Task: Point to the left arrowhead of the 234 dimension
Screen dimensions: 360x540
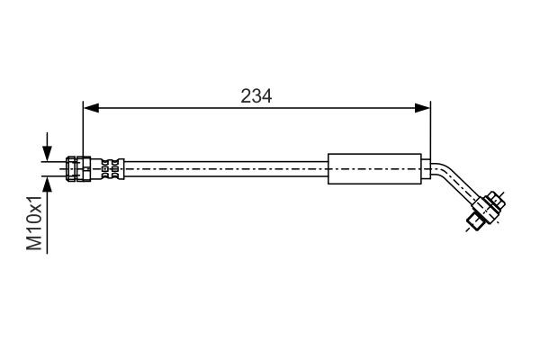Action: click(88, 108)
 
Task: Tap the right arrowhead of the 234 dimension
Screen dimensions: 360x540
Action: click(424, 108)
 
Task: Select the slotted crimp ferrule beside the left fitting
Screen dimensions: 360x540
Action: click(110, 168)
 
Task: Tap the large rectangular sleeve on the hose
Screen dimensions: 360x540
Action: click(373, 168)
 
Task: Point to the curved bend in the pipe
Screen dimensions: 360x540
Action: click(444, 172)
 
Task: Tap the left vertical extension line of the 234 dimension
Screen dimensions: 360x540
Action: click(82, 130)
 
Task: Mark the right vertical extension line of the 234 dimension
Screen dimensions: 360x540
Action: click(430, 130)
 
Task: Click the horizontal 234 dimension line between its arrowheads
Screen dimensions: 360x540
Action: click(180, 108)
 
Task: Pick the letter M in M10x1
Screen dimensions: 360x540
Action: click(34, 242)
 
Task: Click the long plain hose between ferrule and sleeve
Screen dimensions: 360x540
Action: click(225, 168)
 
